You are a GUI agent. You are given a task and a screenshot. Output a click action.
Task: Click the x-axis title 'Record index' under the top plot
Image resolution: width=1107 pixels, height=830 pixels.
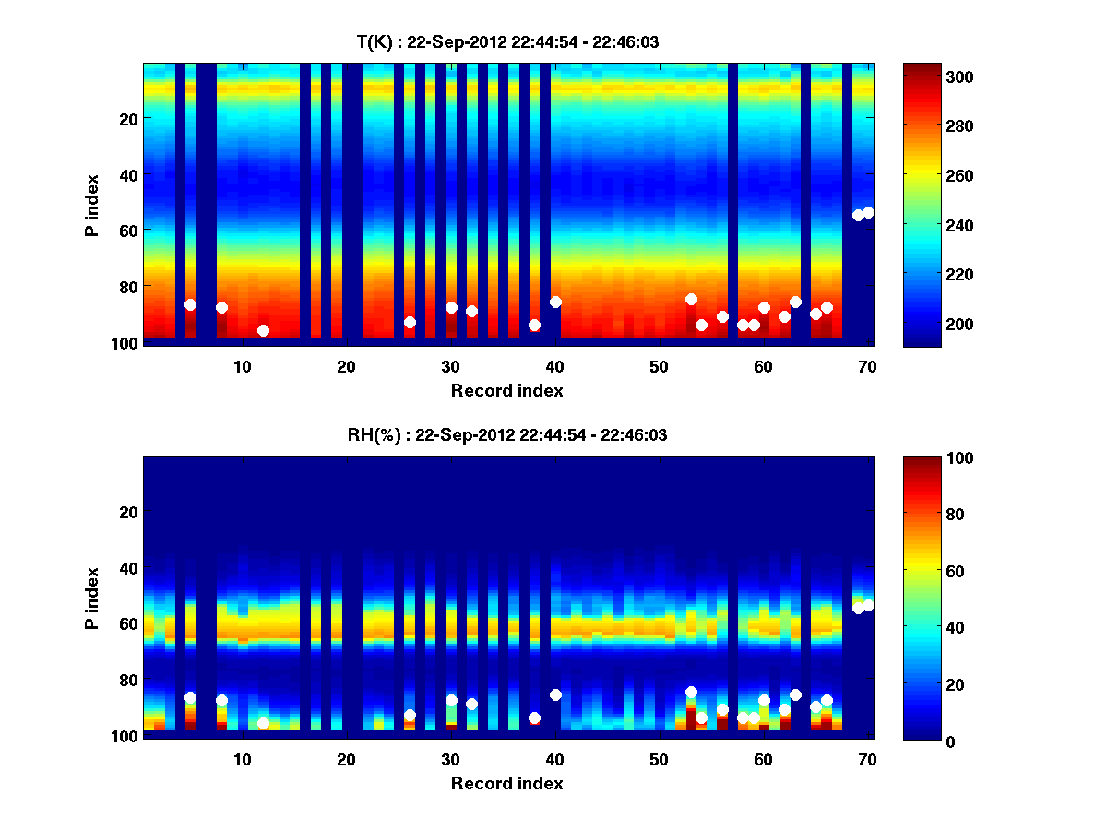[x=506, y=391]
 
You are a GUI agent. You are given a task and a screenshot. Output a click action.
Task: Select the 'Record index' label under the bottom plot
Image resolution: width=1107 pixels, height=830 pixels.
[x=506, y=784]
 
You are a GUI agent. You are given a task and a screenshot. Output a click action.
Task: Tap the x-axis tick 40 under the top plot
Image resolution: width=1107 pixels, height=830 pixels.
[x=555, y=366]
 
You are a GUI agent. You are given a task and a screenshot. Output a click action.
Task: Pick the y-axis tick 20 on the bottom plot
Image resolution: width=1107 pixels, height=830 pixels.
[x=128, y=512]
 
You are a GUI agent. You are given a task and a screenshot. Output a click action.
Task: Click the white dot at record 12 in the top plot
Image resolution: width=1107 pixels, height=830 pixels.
[x=263, y=330]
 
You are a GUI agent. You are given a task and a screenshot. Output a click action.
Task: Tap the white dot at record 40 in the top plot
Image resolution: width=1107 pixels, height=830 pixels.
[x=555, y=302]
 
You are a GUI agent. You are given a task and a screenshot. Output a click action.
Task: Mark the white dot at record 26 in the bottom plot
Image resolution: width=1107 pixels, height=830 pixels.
[x=410, y=715]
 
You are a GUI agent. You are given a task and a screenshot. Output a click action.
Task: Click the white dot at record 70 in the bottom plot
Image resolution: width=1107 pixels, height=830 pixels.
[x=868, y=605]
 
